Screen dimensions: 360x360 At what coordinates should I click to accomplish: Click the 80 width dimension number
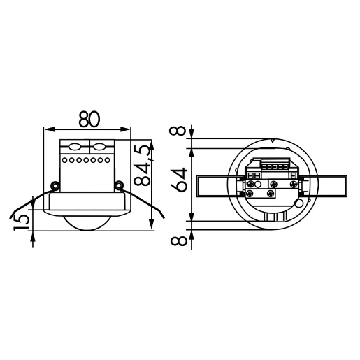click(x=87, y=120)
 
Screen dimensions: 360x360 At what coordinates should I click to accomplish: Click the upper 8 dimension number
click(x=180, y=131)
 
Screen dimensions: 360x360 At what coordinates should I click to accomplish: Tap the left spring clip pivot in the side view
click(x=55, y=185)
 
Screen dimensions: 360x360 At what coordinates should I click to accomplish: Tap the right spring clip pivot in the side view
click(x=120, y=185)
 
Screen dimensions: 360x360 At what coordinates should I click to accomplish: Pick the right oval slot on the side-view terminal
click(x=99, y=147)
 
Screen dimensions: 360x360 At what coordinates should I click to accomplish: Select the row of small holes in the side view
click(x=87, y=161)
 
